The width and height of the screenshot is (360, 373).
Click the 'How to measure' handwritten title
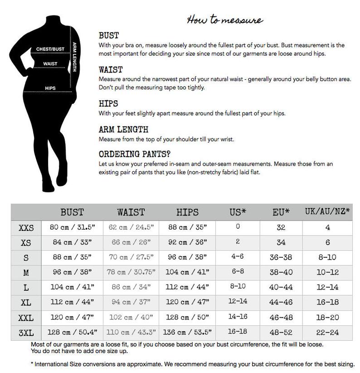click(225, 20)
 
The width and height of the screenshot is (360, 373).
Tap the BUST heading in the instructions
click(109, 36)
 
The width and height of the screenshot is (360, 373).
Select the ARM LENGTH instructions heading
click(123, 130)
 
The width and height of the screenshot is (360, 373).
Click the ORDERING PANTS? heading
click(135, 154)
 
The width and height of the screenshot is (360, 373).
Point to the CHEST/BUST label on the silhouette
click(50, 49)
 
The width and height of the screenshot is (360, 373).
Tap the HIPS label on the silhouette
click(50, 88)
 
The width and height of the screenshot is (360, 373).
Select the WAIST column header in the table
click(131, 212)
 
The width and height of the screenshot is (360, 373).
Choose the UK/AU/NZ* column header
click(327, 212)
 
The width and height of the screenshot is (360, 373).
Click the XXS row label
click(26, 228)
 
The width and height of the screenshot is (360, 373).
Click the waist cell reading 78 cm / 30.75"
click(131, 273)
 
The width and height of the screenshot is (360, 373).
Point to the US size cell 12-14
click(238, 302)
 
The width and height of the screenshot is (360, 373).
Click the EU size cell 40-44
click(282, 287)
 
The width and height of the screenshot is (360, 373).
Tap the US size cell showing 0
click(238, 227)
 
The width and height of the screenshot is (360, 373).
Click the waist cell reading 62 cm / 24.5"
click(131, 228)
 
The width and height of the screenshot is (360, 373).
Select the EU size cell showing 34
click(282, 242)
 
